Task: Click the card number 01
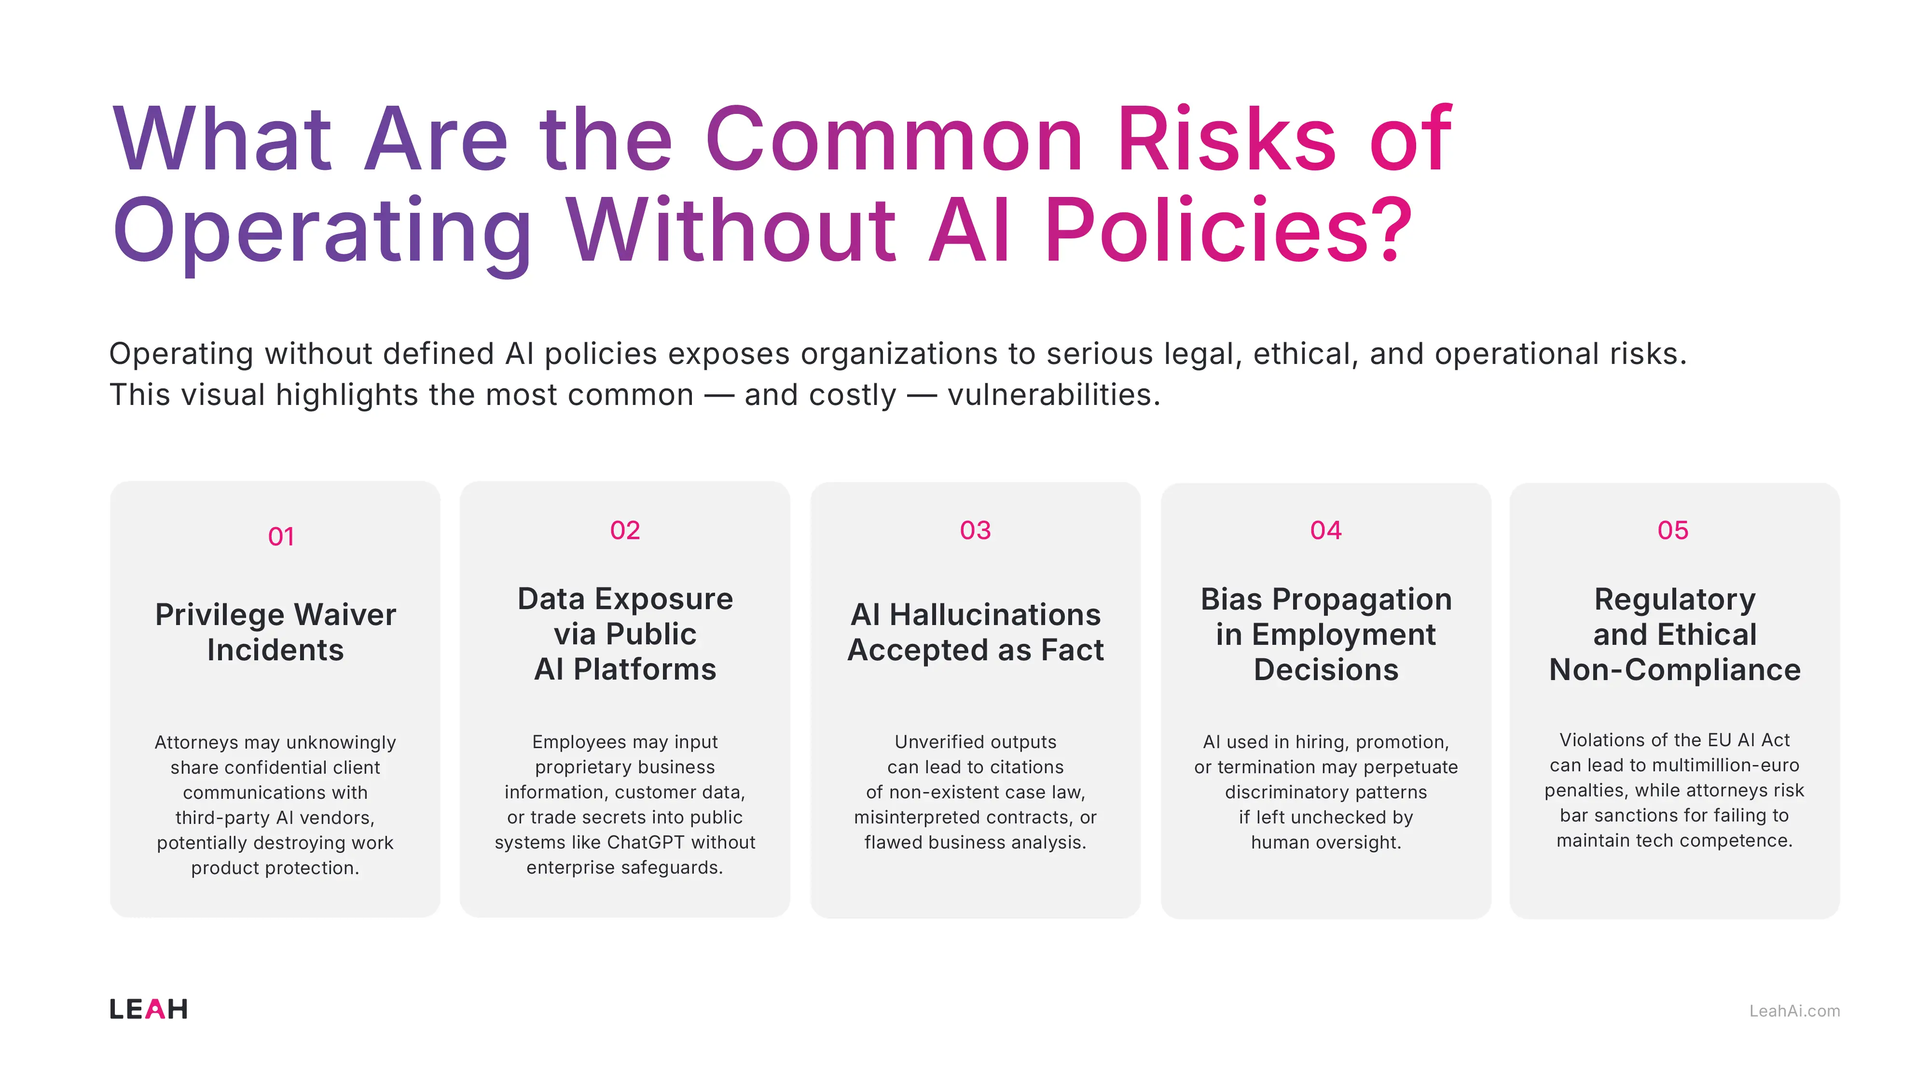(281, 537)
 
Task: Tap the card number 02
(625, 530)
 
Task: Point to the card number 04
(1325, 530)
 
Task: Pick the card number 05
(1672, 530)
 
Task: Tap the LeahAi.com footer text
(1794, 1011)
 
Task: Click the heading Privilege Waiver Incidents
(275, 632)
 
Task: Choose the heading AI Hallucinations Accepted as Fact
(976, 632)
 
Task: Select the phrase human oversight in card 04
(1325, 842)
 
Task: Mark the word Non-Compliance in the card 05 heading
(1674, 670)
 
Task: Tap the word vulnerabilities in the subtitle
(1053, 395)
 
